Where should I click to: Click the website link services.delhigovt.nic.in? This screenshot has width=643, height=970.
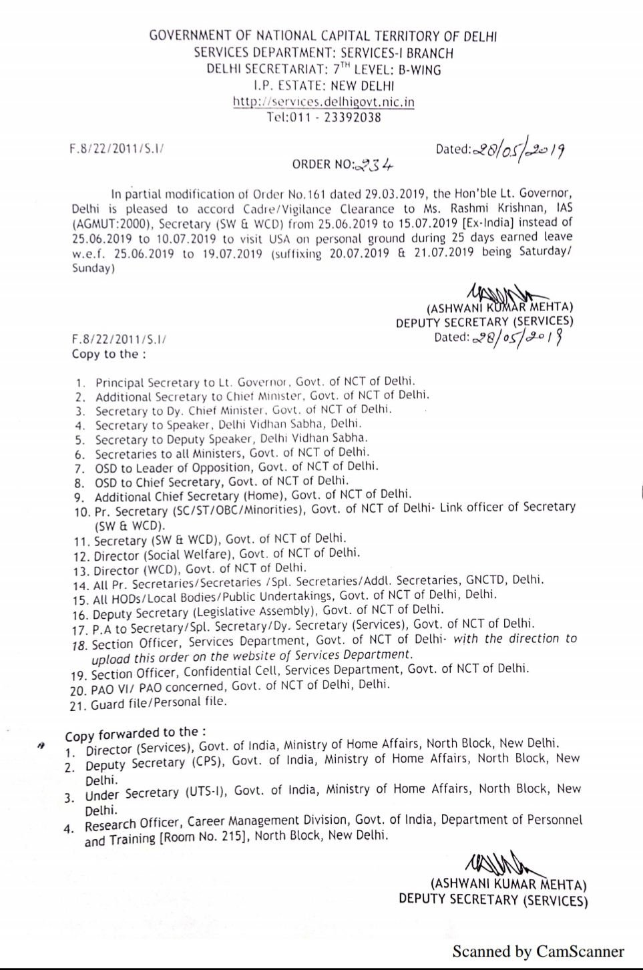(324, 102)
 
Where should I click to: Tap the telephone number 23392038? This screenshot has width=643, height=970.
(352, 117)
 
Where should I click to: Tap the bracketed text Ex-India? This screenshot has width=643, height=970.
(490, 223)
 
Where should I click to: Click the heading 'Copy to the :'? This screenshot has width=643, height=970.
(109, 354)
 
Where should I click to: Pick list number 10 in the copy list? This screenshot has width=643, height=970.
(82, 512)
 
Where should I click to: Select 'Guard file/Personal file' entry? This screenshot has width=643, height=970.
(159, 702)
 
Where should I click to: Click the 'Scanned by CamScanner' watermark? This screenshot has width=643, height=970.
(538, 951)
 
